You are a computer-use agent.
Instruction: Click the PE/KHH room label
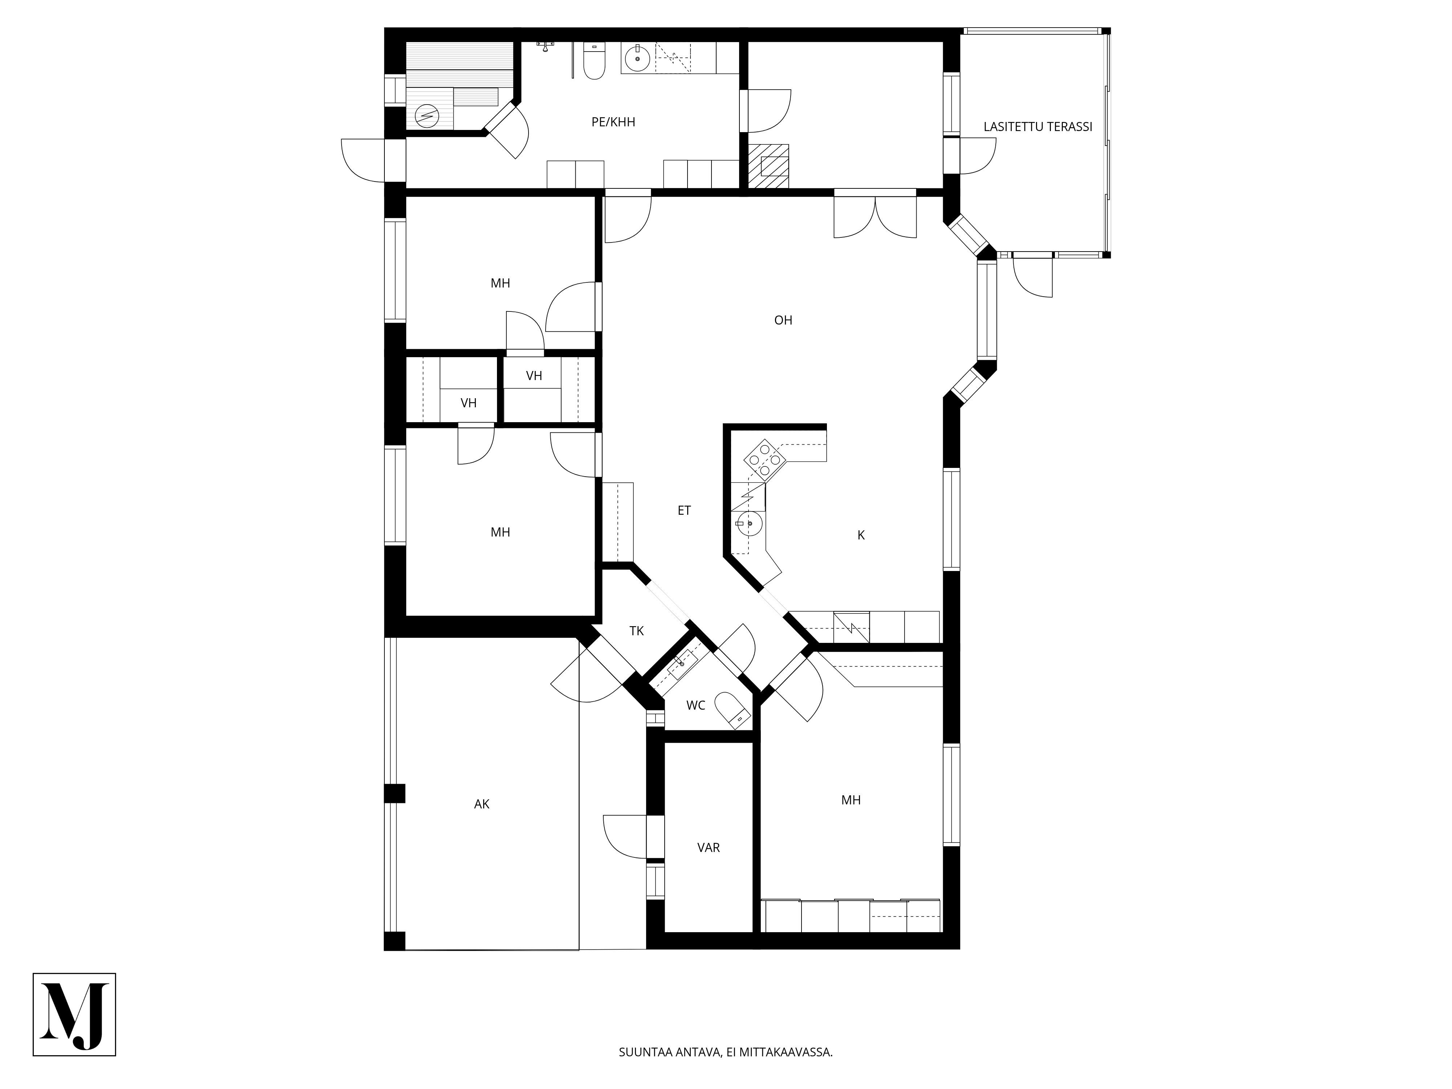click(613, 122)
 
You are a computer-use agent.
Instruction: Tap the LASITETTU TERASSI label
click(1038, 127)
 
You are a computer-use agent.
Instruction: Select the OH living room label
click(783, 320)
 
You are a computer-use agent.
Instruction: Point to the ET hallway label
click(684, 510)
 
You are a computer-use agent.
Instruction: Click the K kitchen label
click(861, 535)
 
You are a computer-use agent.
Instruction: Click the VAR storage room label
click(708, 848)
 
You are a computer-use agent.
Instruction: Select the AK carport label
click(482, 804)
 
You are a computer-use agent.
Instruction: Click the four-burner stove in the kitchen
click(765, 456)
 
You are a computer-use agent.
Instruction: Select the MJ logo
click(74, 1014)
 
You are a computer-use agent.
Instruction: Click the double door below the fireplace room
click(875, 214)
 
